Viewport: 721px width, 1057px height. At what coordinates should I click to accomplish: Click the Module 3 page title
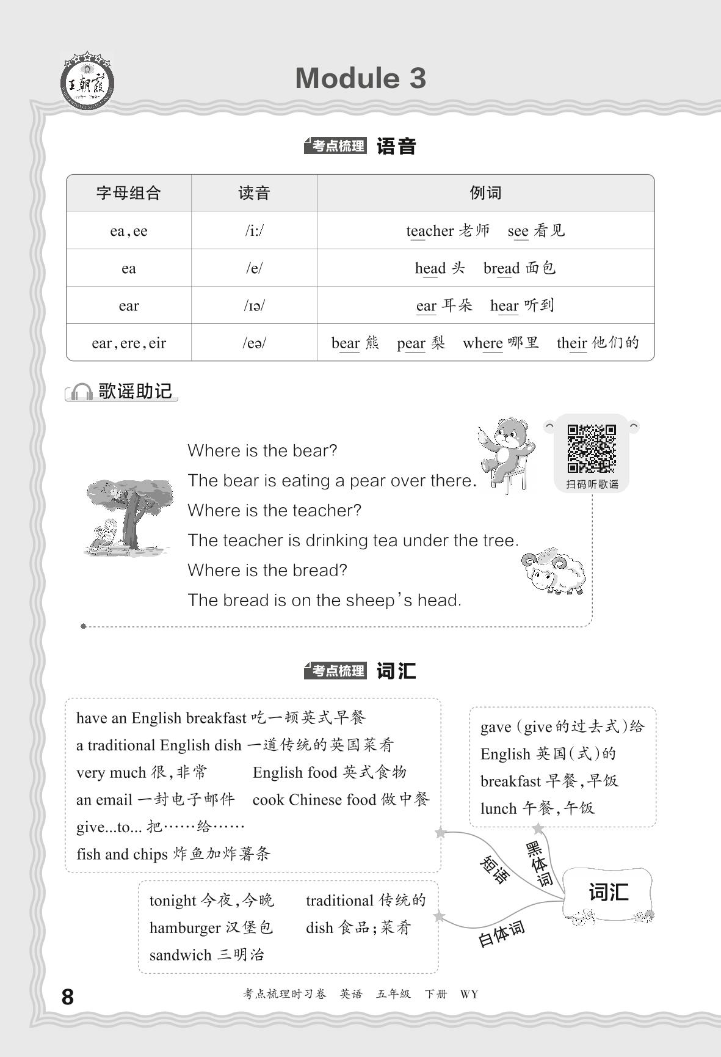360,78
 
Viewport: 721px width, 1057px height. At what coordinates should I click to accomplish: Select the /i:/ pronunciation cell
254,231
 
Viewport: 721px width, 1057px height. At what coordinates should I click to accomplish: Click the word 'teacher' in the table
430,231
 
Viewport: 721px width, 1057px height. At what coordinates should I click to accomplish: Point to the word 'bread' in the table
501,268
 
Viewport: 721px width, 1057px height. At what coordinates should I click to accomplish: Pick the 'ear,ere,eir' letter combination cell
129,343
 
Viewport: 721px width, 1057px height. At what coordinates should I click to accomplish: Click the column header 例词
485,193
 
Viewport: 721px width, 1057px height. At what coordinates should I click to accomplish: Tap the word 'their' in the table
571,343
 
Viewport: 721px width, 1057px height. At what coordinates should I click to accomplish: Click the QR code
592,449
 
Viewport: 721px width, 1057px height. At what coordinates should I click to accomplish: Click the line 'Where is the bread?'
267,570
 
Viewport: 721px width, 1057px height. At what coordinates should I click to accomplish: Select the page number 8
68,997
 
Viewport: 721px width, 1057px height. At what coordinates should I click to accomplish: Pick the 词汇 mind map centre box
608,893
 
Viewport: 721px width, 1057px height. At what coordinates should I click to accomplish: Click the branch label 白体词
501,934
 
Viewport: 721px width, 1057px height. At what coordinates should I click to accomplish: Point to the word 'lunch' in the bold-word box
499,808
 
